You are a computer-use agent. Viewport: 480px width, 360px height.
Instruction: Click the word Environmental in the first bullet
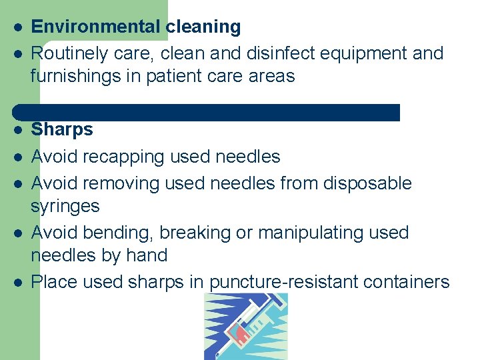pyautogui.click(x=95, y=27)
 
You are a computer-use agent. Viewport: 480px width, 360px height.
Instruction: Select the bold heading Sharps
pyautogui.click(x=62, y=129)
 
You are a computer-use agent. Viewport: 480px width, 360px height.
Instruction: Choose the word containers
pyautogui.click(x=406, y=282)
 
